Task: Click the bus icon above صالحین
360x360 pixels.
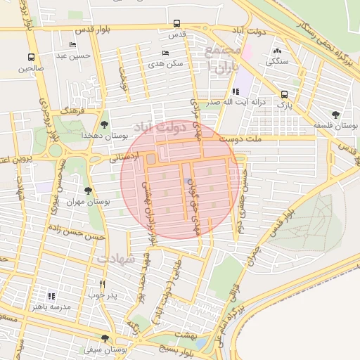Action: point(31,57)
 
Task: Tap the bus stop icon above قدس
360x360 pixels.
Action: point(176,22)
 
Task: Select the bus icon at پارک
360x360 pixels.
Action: point(284,94)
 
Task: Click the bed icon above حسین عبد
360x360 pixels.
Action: point(74,44)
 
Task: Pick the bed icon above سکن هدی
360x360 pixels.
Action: point(165,53)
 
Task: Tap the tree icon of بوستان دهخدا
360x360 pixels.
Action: point(105,124)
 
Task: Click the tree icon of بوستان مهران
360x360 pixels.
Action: point(88,191)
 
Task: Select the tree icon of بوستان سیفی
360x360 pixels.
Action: point(105,338)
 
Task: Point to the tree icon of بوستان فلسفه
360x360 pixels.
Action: point(334,115)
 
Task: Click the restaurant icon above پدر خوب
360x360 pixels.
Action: point(103,284)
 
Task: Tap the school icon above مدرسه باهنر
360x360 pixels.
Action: point(51,296)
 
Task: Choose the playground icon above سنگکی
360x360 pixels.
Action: point(276,51)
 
